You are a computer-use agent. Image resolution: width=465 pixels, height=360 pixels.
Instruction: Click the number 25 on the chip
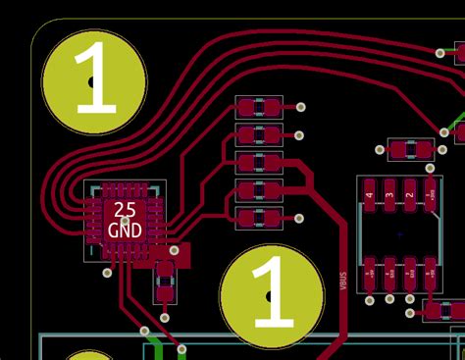[x=126, y=209]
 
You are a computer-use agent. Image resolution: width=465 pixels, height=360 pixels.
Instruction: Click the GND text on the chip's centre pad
[x=125, y=230]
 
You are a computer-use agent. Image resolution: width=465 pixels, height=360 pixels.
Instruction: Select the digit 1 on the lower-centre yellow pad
[x=272, y=293]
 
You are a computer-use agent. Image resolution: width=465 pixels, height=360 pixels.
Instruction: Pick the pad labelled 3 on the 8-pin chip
[x=389, y=194]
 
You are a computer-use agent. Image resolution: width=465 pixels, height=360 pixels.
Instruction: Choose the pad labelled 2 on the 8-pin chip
[x=410, y=194]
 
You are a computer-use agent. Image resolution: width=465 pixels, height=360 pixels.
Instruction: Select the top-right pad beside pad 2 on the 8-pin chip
[x=431, y=194]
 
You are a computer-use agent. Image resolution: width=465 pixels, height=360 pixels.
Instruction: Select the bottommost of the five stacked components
[x=259, y=217]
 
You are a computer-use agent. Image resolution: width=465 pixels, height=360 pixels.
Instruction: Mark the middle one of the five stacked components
[x=259, y=162]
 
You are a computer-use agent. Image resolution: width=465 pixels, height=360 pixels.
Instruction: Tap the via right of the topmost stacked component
[x=301, y=107]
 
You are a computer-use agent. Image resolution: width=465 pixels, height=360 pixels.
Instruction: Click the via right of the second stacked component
[x=300, y=134]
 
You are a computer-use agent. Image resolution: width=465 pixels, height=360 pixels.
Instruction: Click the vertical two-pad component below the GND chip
[x=165, y=279]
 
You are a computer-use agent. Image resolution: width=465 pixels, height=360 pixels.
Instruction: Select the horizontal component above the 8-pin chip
[x=411, y=150]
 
